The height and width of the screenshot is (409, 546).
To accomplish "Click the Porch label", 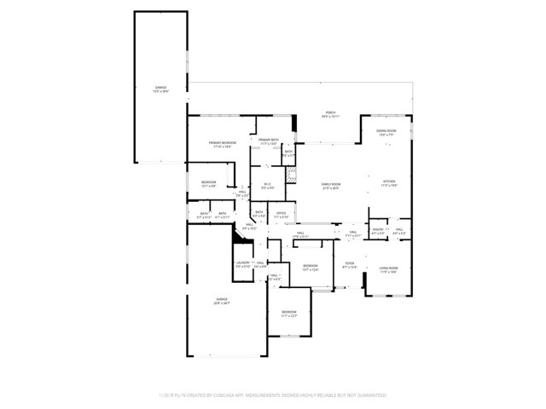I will pos(329,114).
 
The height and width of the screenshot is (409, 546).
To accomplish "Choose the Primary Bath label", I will pos(270,141).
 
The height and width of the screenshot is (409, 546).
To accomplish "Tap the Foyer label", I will pos(349,265).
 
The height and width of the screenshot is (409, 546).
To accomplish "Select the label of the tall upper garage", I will pos(160,89).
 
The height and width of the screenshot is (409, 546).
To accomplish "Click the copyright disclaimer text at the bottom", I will pos(272,395).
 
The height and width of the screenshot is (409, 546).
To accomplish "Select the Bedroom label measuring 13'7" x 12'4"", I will pos(310,268).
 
